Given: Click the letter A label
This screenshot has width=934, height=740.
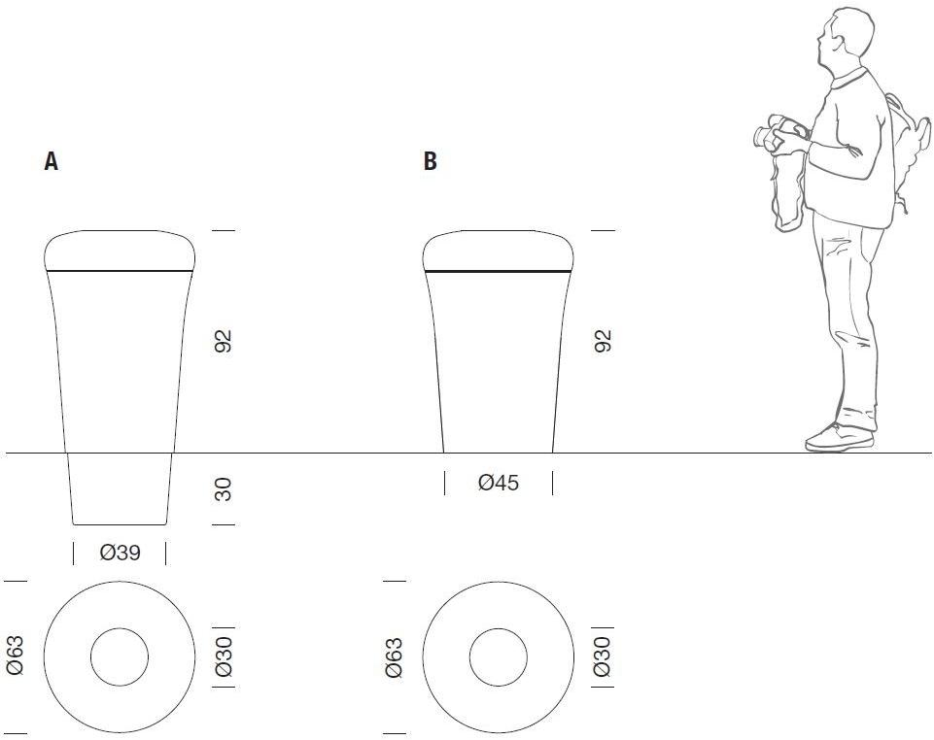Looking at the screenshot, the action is click(x=52, y=161).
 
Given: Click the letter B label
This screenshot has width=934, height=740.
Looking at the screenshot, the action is click(x=431, y=161).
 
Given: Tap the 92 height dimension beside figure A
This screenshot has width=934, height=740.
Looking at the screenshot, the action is click(x=223, y=341).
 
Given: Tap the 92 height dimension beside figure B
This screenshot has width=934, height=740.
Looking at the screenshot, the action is click(x=603, y=341).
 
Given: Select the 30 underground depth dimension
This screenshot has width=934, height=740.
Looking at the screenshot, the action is click(x=223, y=489).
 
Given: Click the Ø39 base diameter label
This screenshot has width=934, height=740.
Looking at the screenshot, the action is click(x=121, y=554).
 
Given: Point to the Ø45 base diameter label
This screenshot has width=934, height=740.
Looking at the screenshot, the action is click(x=499, y=483).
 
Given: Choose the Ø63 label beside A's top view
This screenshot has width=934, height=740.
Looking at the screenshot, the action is click(x=15, y=656).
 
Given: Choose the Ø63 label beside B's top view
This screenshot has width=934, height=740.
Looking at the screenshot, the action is click(x=394, y=657).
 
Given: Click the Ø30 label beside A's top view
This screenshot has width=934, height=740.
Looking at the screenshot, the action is click(x=224, y=656).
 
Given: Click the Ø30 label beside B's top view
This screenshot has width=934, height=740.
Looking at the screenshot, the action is click(x=603, y=656).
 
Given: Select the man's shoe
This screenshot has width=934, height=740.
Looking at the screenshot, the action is click(x=840, y=438).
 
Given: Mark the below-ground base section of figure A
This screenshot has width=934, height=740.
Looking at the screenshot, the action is click(x=120, y=489).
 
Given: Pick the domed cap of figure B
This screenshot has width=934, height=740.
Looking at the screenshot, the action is click(x=499, y=251).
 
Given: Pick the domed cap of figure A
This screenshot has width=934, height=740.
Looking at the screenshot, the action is click(x=120, y=251).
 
